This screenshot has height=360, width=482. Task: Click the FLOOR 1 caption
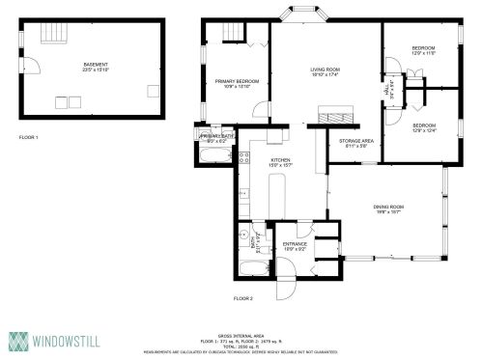tap(29, 138)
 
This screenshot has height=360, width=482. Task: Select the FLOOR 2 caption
tap(242, 299)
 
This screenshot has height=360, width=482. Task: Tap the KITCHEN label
tap(281, 160)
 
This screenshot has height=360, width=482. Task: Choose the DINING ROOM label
tap(388, 208)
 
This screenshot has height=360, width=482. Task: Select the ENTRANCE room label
tap(296, 245)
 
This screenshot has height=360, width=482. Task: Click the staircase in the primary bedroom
tap(232, 35)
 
